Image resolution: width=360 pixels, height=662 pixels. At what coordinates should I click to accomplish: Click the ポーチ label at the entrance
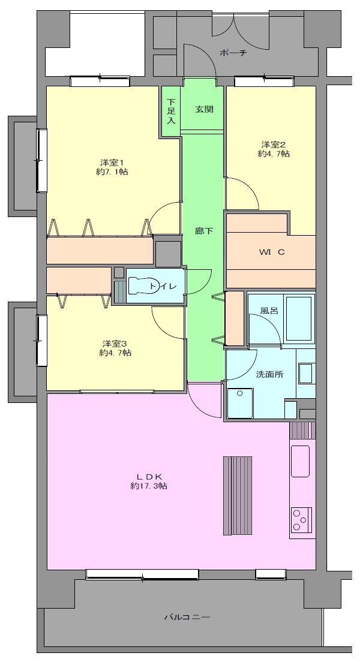[x=233, y=53]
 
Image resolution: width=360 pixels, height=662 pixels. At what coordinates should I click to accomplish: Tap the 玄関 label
[x=204, y=109]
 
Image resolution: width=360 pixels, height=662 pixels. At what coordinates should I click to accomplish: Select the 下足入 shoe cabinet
[x=171, y=111]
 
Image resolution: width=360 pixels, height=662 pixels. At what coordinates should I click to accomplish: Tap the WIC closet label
[x=272, y=252]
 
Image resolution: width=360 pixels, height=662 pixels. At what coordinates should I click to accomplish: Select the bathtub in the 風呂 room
[x=299, y=319]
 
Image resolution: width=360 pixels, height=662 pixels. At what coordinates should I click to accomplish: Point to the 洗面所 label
[x=269, y=374]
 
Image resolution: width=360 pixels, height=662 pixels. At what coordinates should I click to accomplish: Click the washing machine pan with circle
[x=240, y=403]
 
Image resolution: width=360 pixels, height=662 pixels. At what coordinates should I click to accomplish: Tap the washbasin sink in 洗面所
[x=305, y=373]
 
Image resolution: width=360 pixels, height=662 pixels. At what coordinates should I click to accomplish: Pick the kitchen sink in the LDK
[x=300, y=461]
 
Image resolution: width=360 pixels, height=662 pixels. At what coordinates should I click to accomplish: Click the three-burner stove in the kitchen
[x=301, y=520]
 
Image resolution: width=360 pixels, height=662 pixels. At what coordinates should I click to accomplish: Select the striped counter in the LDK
[x=238, y=496]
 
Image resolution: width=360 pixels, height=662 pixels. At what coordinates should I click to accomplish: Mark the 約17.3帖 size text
[x=149, y=486]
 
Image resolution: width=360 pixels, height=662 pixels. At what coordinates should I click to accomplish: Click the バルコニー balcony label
[x=187, y=617]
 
